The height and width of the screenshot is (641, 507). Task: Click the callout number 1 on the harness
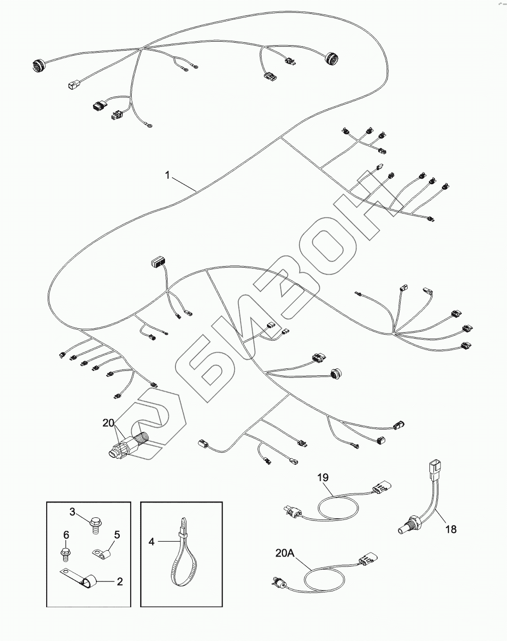pyautogui.click(x=168, y=175)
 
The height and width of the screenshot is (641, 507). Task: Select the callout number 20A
pyautogui.click(x=285, y=552)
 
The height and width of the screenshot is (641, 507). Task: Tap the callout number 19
pyautogui.click(x=323, y=478)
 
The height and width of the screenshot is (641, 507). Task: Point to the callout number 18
pyautogui.click(x=450, y=529)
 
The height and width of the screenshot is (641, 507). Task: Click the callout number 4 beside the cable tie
pyautogui.click(x=152, y=542)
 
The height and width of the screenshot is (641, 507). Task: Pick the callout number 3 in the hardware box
pyautogui.click(x=72, y=512)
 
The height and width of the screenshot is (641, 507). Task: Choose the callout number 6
pyautogui.click(x=66, y=534)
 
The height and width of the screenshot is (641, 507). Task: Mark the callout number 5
pyautogui.click(x=117, y=534)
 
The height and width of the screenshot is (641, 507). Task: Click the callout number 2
pyautogui.click(x=120, y=581)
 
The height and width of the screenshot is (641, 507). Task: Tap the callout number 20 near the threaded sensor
pyautogui.click(x=108, y=423)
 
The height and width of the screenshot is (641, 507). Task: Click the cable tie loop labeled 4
pyautogui.click(x=182, y=561)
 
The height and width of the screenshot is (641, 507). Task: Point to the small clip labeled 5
pyautogui.click(x=103, y=550)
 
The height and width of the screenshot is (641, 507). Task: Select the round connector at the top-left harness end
pyautogui.click(x=38, y=65)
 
